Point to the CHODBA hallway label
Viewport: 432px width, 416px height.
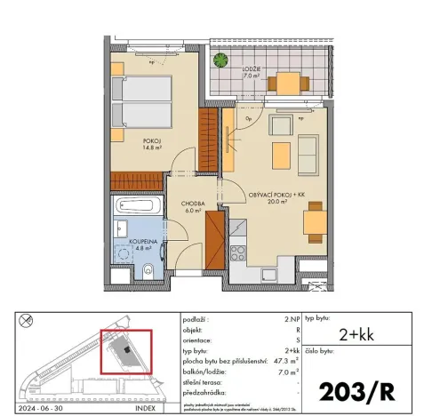pyautogui.click(x=193, y=204)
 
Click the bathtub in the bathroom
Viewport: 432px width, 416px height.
pyautogui.click(x=136, y=210)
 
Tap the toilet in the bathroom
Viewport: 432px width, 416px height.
pyautogui.click(x=149, y=270)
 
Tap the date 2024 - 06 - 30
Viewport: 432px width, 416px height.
pyautogui.click(x=42, y=411)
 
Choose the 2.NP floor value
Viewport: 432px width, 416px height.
pyautogui.click(x=289, y=317)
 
